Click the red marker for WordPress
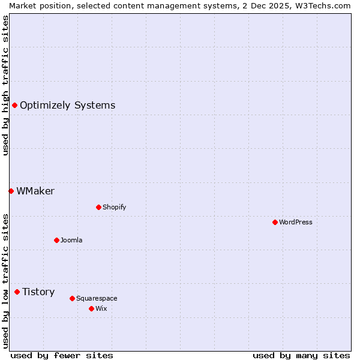pyautogui.click(x=275, y=222)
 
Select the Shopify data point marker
pyautogui.click(x=98, y=207)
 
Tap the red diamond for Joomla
pyautogui.click(x=56, y=240)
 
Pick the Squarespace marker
pyautogui.click(x=72, y=298)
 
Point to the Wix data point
pyautogui.click(x=91, y=308)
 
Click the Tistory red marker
pyautogui.click(x=17, y=292)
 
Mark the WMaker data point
pyautogui.click(x=11, y=191)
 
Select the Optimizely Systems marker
pyautogui.click(x=14, y=106)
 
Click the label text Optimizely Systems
pyautogui.click(x=67, y=106)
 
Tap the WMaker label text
pyautogui.click(x=35, y=191)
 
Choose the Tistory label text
pyautogui.click(x=38, y=292)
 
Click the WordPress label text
pyautogui.click(x=296, y=222)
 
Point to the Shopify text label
pyautogui.click(x=114, y=207)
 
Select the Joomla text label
pyautogui.click(x=71, y=240)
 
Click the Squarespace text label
pyautogui.click(x=97, y=298)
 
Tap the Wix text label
pyautogui.click(x=101, y=308)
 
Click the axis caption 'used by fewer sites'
pyautogui.click(x=62, y=355)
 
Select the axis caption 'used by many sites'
pyautogui.click(x=301, y=355)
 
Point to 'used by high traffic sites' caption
pyautogui.click(x=5, y=85)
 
